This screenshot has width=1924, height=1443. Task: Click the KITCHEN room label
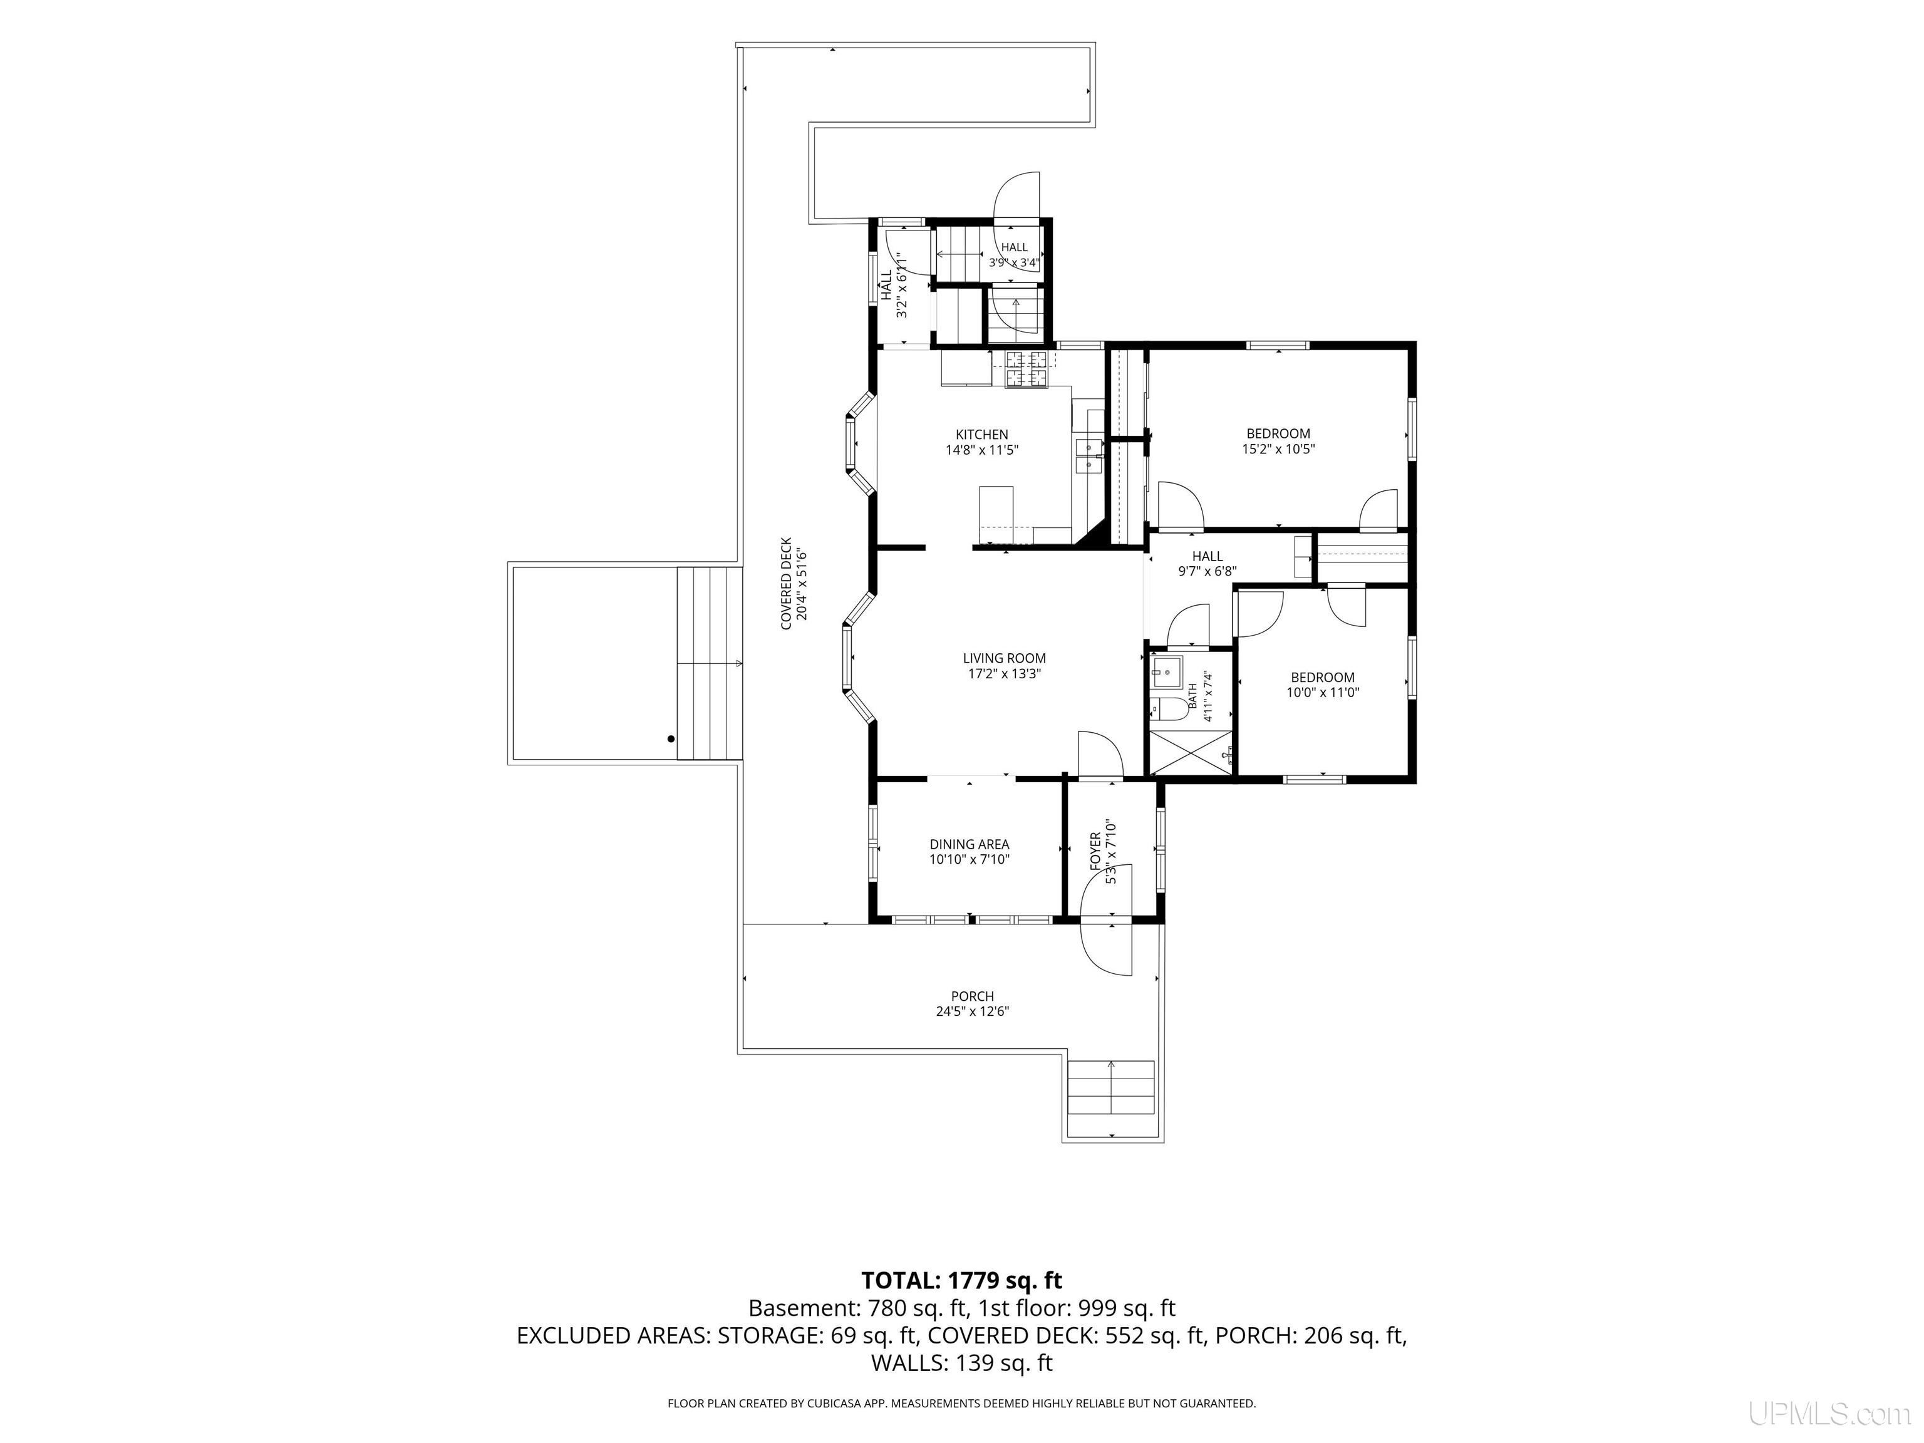982,435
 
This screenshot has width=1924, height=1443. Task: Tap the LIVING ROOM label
1004,658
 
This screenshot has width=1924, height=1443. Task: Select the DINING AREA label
969,845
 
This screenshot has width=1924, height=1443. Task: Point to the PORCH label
973,996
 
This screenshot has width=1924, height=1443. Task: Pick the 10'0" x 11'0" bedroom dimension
1322,692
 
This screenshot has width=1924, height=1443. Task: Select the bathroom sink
1166,671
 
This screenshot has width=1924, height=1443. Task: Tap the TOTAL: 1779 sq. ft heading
962,1280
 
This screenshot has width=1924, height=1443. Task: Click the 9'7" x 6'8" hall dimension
1208,571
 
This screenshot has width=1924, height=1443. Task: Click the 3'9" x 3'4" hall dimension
1014,262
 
